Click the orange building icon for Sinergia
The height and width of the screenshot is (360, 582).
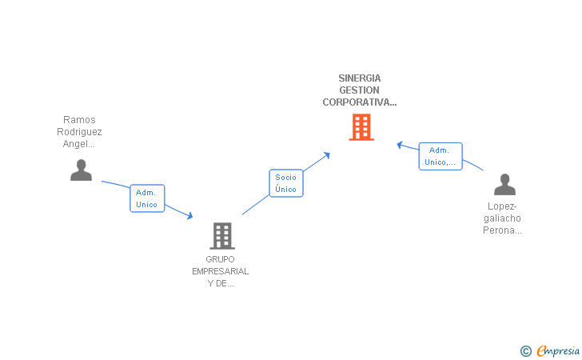(x=361, y=127)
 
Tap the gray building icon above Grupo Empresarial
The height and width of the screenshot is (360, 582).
(x=221, y=236)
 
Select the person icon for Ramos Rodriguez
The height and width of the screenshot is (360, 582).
(x=81, y=170)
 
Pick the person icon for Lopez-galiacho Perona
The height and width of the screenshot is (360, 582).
(x=504, y=185)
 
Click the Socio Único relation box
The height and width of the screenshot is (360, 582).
(x=285, y=183)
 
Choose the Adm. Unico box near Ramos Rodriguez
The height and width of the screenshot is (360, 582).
(x=147, y=198)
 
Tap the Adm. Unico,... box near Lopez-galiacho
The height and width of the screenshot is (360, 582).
(x=440, y=157)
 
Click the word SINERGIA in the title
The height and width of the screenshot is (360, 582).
(x=360, y=78)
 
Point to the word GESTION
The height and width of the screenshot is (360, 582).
(x=360, y=90)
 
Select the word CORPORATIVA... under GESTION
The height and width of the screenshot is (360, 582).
(x=360, y=102)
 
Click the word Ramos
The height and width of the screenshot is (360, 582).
(x=79, y=120)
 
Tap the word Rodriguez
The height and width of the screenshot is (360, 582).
(x=79, y=132)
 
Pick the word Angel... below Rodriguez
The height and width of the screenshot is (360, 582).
(x=79, y=144)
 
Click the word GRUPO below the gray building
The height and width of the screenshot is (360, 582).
(x=221, y=259)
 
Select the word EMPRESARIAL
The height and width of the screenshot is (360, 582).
(x=221, y=271)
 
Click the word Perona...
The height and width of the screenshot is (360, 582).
(x=502, y=230)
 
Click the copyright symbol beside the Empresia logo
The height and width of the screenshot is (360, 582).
(x=525, y=350)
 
